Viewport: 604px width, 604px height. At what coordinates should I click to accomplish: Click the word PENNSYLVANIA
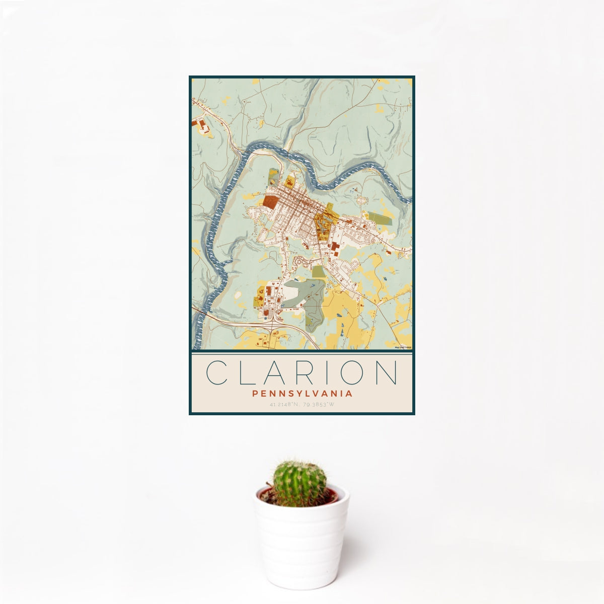coord(302,394)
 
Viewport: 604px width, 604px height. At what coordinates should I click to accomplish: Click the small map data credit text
coord(403,347)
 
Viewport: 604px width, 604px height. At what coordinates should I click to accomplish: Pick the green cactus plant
coord(299,483)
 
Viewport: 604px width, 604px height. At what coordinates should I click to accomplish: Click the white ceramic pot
coord(301,544)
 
